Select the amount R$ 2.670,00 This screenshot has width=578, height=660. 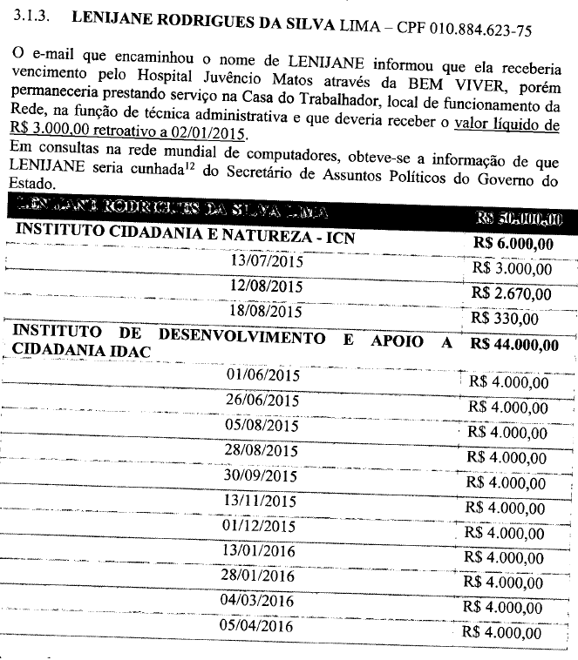(x=512, y=294)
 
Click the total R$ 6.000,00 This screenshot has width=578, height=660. (x=513, y=244)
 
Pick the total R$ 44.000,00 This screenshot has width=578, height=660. (x=513, y=345)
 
